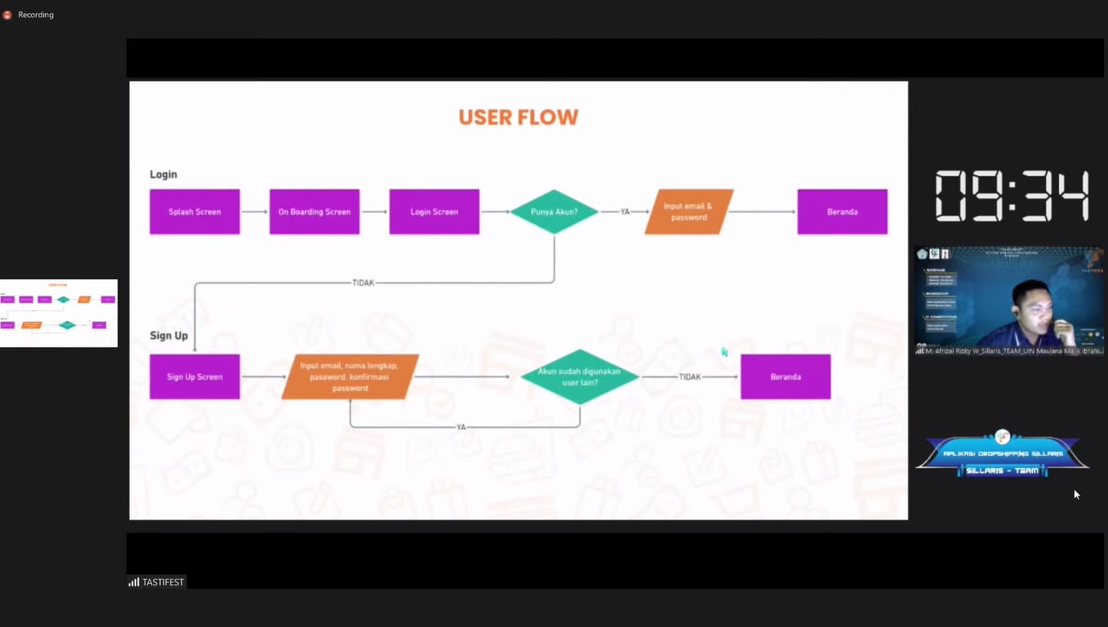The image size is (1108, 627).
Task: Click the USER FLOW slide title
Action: tap(518, 118)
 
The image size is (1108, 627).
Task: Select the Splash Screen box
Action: tap(194, 212)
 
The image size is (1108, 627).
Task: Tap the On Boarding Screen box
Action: tap(314, 212)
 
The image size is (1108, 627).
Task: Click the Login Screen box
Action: tap(434, 212)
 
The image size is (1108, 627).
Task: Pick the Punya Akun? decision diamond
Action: tap(554, 212)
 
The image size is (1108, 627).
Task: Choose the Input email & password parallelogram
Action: tap(688, 212)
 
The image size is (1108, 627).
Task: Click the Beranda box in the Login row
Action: tap(842, 212)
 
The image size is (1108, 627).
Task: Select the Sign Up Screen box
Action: tap(194, 377)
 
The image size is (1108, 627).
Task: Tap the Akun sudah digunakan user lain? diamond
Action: tap(579, 377)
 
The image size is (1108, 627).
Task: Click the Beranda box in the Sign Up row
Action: tap(785, 377)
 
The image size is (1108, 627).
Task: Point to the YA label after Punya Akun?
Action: tap(625, 212)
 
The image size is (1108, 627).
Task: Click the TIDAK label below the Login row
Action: tap(363, 283)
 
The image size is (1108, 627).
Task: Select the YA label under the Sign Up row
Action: tap(461, 427)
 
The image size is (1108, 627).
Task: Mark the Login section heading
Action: tap(163, 175)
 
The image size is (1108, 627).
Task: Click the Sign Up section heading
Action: tap(169, 336)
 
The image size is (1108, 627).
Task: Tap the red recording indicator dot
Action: tap(7, 15)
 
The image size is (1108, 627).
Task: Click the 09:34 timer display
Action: tap(1012, 196)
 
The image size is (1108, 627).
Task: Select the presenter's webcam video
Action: tap(1009, 300)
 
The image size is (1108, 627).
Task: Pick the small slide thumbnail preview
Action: tap(59, 313)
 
